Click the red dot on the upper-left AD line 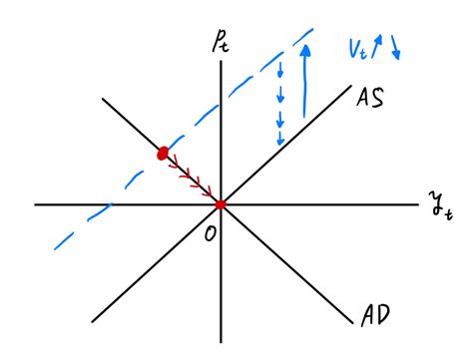tap(162, 154)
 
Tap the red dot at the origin tap(221, 204)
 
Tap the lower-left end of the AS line tap(93, 321)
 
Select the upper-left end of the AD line tap(102, 98)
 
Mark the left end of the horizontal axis tap(36, 204)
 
